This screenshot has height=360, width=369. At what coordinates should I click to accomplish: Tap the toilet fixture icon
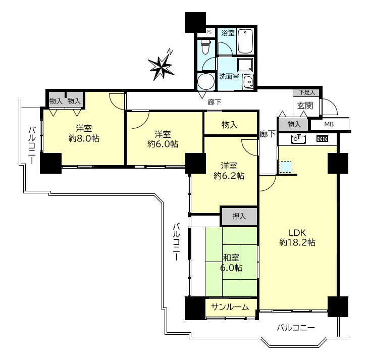pyautogui.click(x=205, y=46)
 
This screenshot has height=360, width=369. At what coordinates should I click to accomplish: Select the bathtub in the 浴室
pyautogui.click(x=245, y=41)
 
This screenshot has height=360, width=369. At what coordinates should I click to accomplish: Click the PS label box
pyautogui.click(x=209, y=32)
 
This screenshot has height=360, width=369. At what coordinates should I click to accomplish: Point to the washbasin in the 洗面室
pyautogui.click(x=248, y=82)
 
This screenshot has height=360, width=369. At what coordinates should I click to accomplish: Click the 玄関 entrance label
pyautogui.click(x=305, y=106)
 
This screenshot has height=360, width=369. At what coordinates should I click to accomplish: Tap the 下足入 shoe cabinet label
pyautogui.click(x=307, y=92)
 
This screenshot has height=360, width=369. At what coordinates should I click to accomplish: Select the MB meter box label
pyautogui.click(x=329, y=124)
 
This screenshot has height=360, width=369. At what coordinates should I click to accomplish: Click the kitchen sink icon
pyautogui.click(x=298, y=139)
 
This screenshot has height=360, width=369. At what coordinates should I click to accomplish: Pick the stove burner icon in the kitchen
pyautogui.click(x=322, y=139)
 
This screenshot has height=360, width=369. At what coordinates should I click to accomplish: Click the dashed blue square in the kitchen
pyautogui.click(x=285, y=167)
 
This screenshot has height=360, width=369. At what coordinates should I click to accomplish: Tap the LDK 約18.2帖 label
pyautogui.click(x=297, y=238)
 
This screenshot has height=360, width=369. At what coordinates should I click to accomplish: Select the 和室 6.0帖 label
pyautogui.click(x=231, y=263)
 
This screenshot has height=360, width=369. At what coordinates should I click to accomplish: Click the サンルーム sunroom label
pyautogui.click(x=230, y=307)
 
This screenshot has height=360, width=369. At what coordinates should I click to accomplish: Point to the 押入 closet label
pyautogui.click(x=239, y=216)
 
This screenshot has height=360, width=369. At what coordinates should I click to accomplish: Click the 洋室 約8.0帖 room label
pyautogui.click(x=84, y=133)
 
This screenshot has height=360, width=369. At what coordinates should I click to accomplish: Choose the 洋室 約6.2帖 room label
pyautogui.click(x=229, y=171)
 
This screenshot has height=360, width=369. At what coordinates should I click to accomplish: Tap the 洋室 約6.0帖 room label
pyautogui.click(x=163, y=139)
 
